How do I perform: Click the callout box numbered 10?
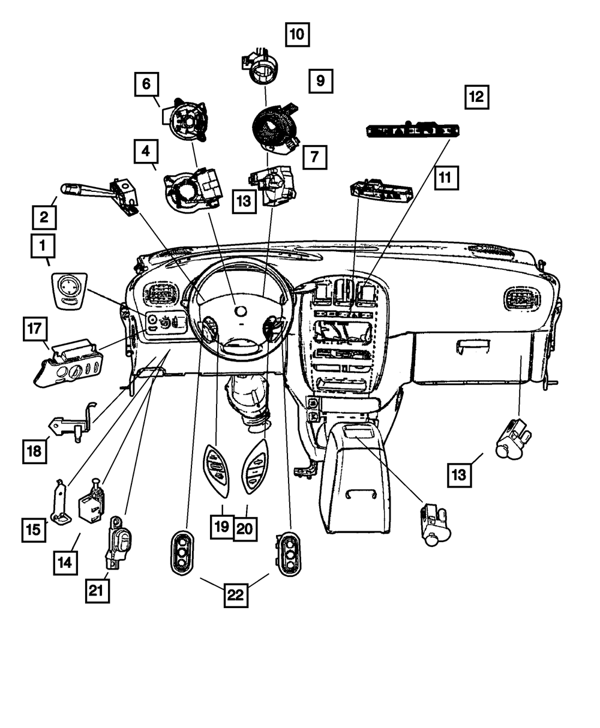tap(297, 34)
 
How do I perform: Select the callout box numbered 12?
tap(476, 97)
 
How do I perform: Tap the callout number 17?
tap(35, 329)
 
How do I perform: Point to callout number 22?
tap(236, 595)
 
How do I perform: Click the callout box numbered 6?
tap(146, 85)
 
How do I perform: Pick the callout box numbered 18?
tap(34, 450)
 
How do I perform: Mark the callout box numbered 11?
tap(444, 177)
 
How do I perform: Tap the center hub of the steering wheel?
tap(240, 311)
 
